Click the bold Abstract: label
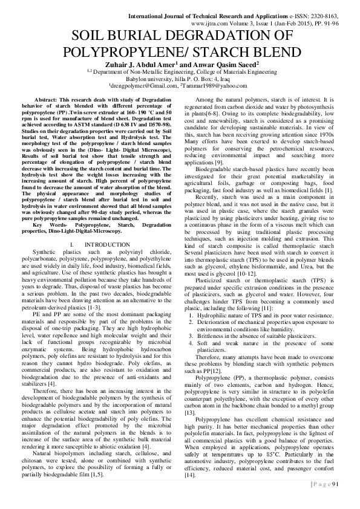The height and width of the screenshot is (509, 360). pos(47,98)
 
